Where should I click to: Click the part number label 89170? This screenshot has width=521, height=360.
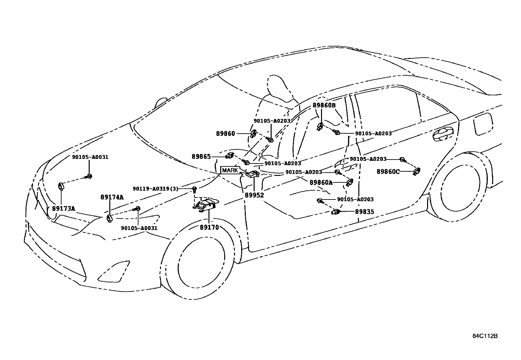209,227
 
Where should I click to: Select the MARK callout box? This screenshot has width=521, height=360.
230,170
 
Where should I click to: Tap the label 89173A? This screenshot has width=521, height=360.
63,208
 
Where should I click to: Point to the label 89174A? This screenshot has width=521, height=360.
112,197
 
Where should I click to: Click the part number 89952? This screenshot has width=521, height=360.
254,195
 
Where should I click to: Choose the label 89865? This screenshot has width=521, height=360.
201,157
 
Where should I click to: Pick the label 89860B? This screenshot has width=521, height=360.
324,105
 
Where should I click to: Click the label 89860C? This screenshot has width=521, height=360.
388,172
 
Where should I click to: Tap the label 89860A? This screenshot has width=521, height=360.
321,183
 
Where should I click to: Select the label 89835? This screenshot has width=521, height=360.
365,212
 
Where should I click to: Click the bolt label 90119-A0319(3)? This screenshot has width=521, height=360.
155,189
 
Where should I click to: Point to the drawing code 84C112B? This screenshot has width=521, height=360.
485,336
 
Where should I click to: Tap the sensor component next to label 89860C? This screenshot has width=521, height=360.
417,171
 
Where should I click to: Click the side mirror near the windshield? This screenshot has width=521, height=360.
161,102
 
